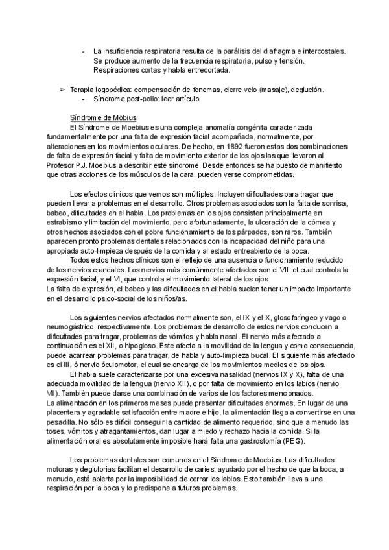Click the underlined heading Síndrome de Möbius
coord(103,117)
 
